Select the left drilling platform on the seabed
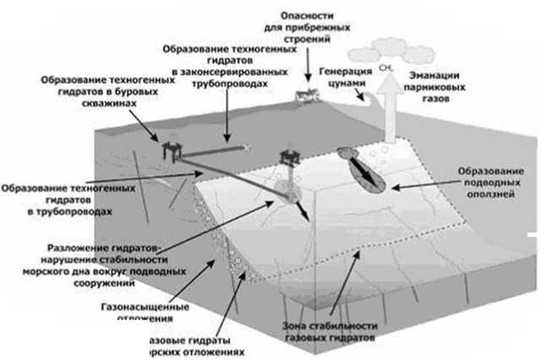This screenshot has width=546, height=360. pos(172,151)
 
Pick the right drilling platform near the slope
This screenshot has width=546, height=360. pos(290,159)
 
